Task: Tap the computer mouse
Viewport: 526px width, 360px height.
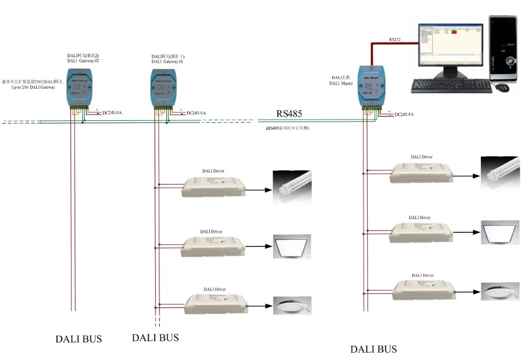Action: pyautogui.click(x=502, y=87)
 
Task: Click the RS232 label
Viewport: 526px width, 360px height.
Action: pyautogui.click(x=394, y=39)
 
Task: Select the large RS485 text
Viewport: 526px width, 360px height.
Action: pyautogui.click(x=289, y=114)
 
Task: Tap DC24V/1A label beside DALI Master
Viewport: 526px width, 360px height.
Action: pyautogui.click(x=403, y=114)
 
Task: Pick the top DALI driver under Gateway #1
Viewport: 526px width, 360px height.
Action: pyautogui.click(x=215, y=187)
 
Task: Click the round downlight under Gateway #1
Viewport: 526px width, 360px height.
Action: pyautogui.click(x=291, y=305)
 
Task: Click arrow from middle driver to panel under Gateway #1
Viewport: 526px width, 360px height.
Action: pyautogui.click(x=258, y=245)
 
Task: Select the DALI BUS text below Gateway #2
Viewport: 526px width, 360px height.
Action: pyautogui.click(x=78, y=339)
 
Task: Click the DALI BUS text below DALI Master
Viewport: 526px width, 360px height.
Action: pyautogui.click(x=373, y=349)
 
